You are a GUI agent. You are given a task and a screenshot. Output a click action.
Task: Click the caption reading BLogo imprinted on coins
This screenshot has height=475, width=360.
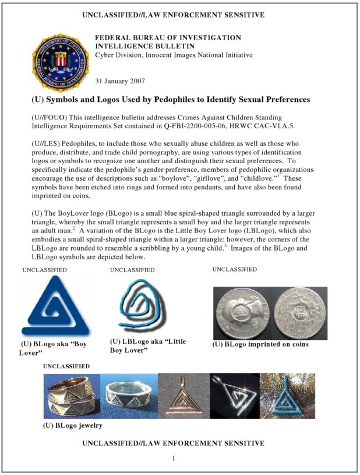tap(260, 344)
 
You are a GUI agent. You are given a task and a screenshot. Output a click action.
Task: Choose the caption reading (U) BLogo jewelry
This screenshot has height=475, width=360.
tap(73, 425)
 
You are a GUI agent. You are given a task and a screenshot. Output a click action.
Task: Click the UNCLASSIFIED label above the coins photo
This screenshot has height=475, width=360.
tap(234, 269)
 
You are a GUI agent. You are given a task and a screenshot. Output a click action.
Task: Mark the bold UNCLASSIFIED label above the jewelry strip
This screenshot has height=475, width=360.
tap(66, 366)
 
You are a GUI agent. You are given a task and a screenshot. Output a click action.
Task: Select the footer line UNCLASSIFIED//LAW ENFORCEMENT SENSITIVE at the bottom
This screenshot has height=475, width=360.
tap(173, 444)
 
